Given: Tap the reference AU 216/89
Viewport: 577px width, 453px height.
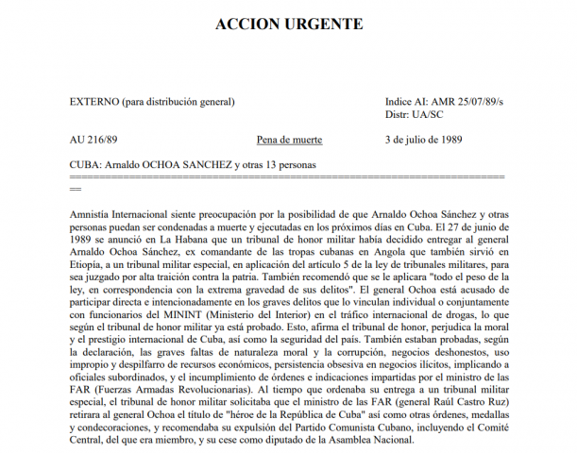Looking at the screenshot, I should [x=93, y=139].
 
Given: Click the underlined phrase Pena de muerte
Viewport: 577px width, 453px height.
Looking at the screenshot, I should [x=289, y=139].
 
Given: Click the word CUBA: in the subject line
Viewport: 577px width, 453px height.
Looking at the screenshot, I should [x=88, y=164].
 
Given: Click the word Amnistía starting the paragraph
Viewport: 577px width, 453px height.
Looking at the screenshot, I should [x=96, y=216].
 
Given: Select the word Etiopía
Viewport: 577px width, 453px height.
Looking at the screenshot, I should [x=91, y=266].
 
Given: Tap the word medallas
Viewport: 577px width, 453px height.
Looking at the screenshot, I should [x=487, y=412].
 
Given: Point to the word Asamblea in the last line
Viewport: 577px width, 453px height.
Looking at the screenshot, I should [x=361, y=437].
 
